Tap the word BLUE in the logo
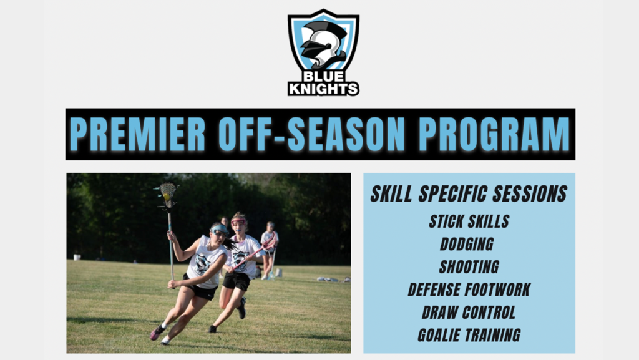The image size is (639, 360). click(324, 77)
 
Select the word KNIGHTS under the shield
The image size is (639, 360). click(324, 89)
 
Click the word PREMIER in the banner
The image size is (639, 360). click(137, 134)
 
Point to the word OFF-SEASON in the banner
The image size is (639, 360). click(312, 134)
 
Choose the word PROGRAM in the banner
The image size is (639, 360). click(494, 134)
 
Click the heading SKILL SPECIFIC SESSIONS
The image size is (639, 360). click(469, 194)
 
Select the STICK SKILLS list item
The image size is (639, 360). click(469, 221)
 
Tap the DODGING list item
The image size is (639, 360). click(467, 245)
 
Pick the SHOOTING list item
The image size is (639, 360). click(469, 267)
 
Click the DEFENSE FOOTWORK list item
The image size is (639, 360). click(469, 290)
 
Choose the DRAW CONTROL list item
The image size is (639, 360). click(469, 313)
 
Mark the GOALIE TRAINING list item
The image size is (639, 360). click(469, 336)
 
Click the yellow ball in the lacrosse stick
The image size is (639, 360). click(167, 197)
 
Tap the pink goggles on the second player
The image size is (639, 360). click(238, 222)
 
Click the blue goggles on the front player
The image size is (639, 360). click(220, 229)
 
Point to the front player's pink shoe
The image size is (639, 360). click(157, 333)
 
